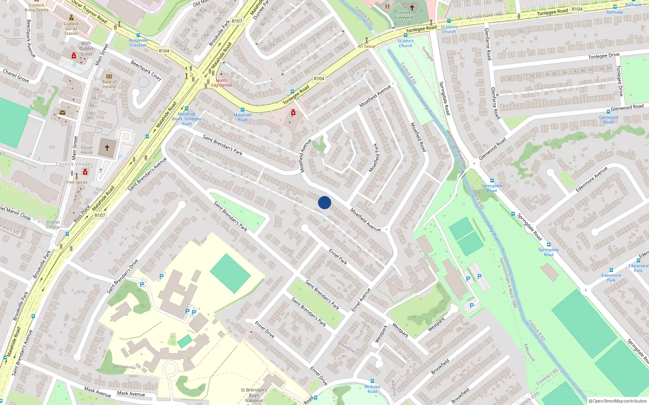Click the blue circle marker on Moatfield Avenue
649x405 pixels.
(324, 202)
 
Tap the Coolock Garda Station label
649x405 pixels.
(71, 28)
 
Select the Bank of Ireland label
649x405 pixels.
(109, 84)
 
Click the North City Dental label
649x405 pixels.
(221, 83)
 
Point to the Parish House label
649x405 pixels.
(86, 150)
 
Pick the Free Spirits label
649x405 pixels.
(77, 182)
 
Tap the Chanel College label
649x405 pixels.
(53, 224)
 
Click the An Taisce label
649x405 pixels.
(366, 46)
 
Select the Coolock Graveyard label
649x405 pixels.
(404, 15)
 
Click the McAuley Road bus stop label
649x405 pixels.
(372, 389)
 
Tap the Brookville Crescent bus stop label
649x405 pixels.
(138, 43)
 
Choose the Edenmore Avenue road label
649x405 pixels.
(592, 179)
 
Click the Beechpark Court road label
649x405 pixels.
(146, 70)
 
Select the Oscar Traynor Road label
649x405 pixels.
(89, 11)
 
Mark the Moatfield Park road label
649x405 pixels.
(374, 158)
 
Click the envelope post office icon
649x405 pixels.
(62, 113)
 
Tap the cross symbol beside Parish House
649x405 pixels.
(107, 148)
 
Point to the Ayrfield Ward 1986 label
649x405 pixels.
(485, 16)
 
